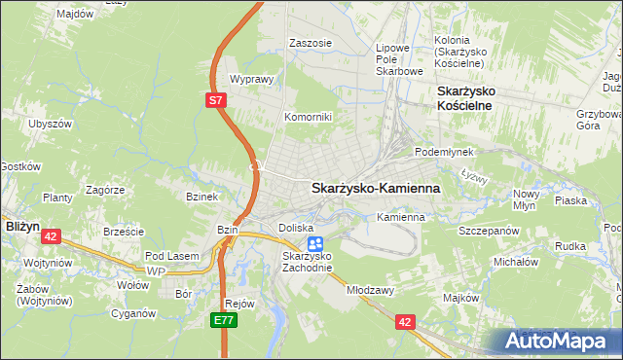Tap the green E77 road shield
[224, 318]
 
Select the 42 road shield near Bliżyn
[52, 235]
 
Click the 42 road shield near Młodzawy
[406, 319]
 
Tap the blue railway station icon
[314, 244]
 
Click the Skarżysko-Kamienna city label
[375, 189]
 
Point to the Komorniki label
[309, 117]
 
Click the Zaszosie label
[311, 44]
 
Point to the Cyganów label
[132, 313]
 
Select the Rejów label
[239, 303]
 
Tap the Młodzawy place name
[369, 290]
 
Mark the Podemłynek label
[444, 152]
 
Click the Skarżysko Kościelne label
[460, 97]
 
